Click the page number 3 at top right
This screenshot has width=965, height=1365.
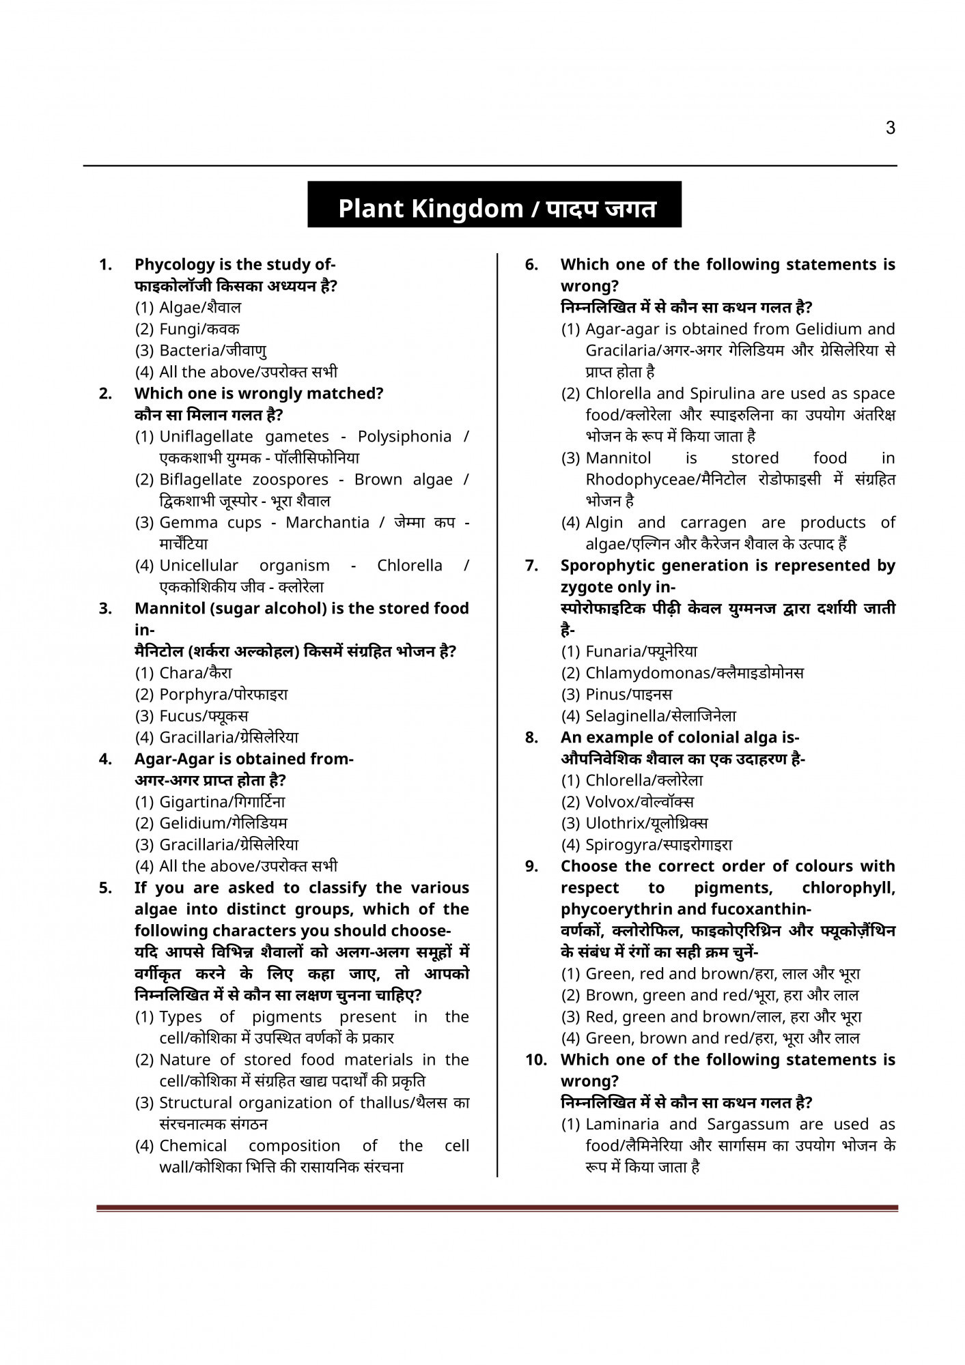tap(890, 128)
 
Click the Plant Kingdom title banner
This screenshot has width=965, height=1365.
tap(494, 207)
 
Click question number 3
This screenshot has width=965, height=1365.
tap(105, 609)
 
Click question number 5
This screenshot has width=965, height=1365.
tap(105, 888)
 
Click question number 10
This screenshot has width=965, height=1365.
tap(537, 1060)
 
